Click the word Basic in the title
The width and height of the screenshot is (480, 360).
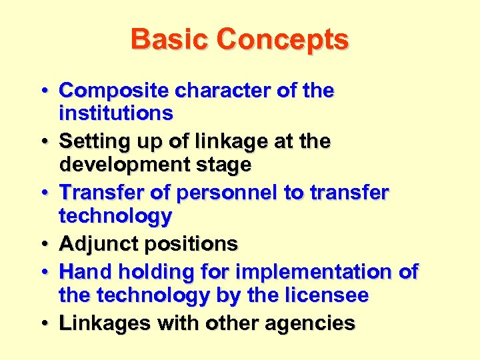(x=169, y=39)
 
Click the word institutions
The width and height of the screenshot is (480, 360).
(x=116, y=113)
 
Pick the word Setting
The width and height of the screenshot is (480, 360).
(x=91, y=142)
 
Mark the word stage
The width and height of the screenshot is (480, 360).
(x=223, y=165)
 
